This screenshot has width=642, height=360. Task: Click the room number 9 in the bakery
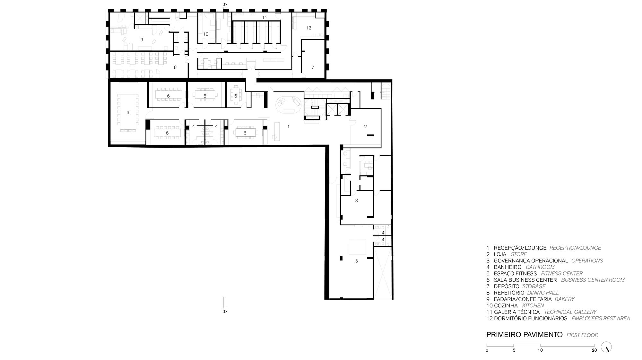click(x=142, y=40)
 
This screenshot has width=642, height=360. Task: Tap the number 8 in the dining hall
click(x=175, y=67)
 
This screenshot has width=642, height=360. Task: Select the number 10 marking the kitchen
click(x=206, y=34)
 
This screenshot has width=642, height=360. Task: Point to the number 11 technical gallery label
click(x=265, y=17)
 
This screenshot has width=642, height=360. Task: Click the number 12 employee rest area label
click(x=308, y=28)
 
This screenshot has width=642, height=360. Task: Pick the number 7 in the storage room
click(x=313, y=67)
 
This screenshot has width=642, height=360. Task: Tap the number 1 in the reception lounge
click(x=289, y=127)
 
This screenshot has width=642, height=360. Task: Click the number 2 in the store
click(x=365, y=127)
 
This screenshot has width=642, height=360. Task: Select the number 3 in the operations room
click(x=356, y=201)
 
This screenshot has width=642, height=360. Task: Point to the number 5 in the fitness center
click(x=356, y=261)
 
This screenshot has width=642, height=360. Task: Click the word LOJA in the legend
click(x=500, y=254)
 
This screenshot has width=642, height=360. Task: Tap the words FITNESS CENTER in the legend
click(x=562, y=274)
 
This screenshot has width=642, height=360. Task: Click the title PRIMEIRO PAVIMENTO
click(x=525, y=335)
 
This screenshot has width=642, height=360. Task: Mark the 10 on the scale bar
click(x=540, y=350)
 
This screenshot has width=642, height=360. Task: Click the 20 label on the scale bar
click(x=594, y=350)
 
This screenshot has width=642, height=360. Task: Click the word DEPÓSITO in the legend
click(x=507, y=287)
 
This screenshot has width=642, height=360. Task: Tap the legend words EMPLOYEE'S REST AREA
click(x=601, y=319)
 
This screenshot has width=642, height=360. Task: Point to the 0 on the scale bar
click(x=487, y=350)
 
